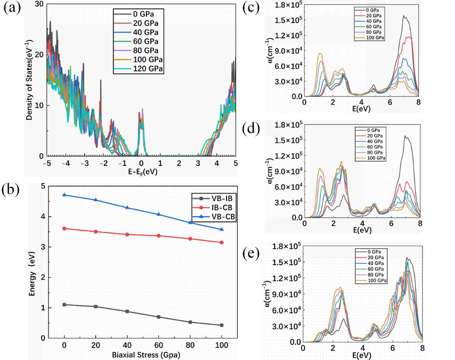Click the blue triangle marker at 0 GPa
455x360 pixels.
65,195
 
